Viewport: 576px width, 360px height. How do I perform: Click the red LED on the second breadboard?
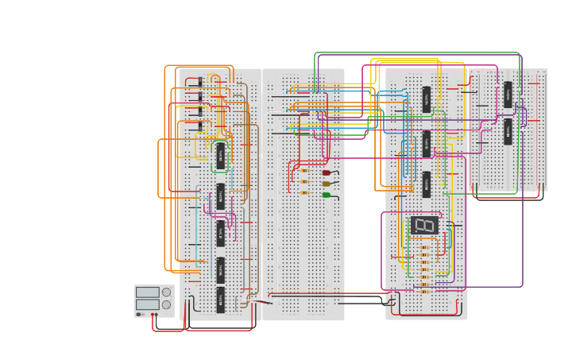[327, 172]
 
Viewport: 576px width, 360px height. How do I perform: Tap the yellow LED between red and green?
[327, 184]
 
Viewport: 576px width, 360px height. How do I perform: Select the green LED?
[327, 195]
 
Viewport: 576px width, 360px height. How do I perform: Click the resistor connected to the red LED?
[304, 170]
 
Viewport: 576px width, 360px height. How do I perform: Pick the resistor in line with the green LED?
[304, 192]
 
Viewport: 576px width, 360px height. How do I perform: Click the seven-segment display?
[424, 226]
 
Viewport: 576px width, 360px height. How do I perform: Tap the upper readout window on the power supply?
[147, 292]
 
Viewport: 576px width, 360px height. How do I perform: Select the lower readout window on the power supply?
[147, 304]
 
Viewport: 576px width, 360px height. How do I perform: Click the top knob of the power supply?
[166, 292]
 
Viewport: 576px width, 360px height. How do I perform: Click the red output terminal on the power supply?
[153, 315]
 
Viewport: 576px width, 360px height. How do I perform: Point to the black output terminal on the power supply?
[139, 315]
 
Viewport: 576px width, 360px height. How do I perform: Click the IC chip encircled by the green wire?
[220, 155]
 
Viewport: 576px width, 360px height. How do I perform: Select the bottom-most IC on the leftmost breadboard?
[220, 300]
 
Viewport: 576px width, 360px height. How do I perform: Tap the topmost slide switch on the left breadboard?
[195, 83]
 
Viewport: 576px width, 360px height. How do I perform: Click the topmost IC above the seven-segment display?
[427, 99]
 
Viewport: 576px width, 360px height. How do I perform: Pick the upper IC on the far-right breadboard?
[508, 95]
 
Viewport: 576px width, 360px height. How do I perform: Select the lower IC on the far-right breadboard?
[508, 132]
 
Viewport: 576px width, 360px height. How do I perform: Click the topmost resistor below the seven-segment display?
[424, 248]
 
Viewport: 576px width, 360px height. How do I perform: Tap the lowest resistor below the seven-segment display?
[424, 291]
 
